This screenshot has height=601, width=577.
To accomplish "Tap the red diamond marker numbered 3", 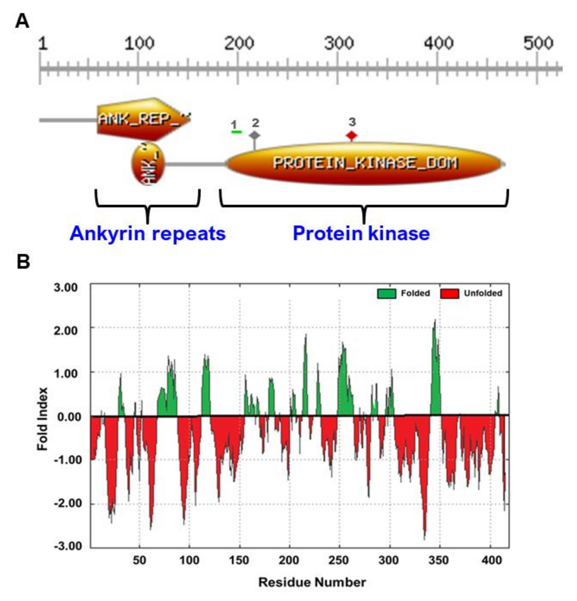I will pos(352,135).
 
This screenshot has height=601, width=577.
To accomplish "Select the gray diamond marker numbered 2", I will pos(254,135).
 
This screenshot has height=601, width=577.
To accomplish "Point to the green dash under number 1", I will pos(236,132).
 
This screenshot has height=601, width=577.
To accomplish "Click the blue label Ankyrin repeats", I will pos(147,234).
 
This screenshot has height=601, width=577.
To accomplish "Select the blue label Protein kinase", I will pos(361,234).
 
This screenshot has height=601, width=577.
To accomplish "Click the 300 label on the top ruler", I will pos(339,44).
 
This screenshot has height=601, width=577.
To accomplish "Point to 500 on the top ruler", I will pos(538,44).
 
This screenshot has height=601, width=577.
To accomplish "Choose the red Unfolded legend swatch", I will pos(450,294).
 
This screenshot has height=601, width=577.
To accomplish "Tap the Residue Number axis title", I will pos(312,582).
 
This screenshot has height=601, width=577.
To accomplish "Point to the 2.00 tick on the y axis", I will pos(65,331).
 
